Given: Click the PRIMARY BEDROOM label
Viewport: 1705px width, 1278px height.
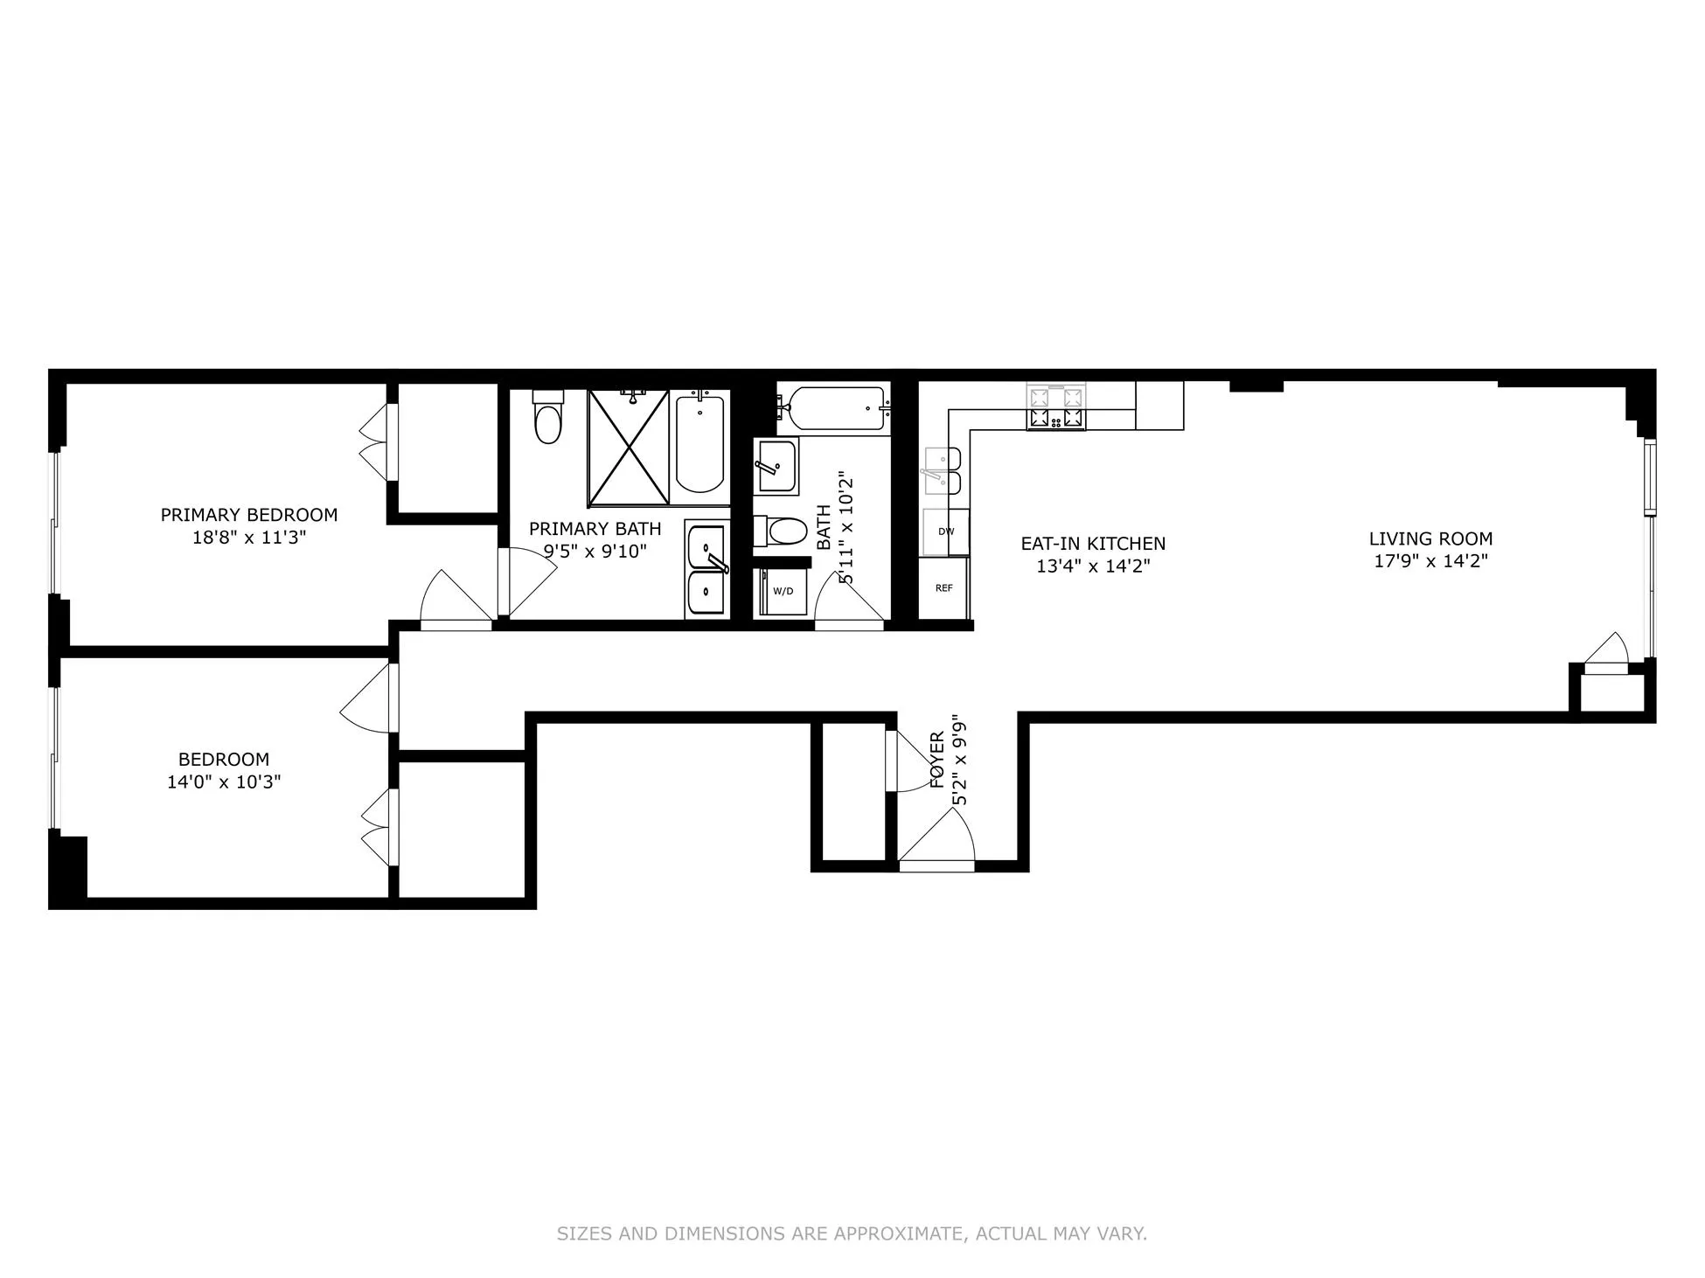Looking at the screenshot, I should (x=248, y=515).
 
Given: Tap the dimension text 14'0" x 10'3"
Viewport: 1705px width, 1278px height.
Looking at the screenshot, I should (x=224, y=781).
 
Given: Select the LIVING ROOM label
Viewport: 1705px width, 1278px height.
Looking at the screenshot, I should (x=1430, y=538).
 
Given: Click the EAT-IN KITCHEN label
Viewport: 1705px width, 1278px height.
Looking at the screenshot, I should (x=1093, y=543).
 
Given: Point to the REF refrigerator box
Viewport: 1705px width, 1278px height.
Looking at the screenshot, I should (x=943, y=588).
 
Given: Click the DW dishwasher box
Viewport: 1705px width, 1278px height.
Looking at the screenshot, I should (x=945, y=531).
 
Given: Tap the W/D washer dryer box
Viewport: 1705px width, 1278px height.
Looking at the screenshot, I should (x=782, y=592).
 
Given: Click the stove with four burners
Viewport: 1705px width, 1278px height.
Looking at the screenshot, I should (x=1056, y=407).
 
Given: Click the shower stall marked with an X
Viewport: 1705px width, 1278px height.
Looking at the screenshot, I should (x=628, y=448).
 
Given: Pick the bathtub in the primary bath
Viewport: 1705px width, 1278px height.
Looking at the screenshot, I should (x=699, y=445).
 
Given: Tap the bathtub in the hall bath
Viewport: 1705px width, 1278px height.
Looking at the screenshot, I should (x=835, y=408).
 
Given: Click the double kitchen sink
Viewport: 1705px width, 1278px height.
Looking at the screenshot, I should (x=943, y=470).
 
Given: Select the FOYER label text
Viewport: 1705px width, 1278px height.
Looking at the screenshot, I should (x=936, y=761).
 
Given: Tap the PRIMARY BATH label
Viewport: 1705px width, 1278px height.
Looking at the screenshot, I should (x=595, y=529).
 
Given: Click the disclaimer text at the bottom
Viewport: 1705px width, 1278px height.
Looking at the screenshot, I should (x=852, y=1233).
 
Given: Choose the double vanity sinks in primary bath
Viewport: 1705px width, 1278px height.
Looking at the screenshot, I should (x=706, y=569).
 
